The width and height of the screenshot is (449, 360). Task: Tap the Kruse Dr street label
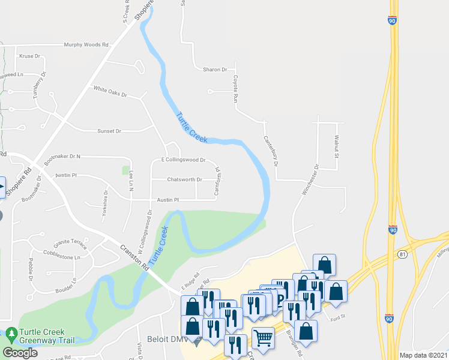(x=29, y=56)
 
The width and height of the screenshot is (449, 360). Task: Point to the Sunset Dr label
(x=109, y=131)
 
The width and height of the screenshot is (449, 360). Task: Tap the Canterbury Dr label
(x=271, y=150)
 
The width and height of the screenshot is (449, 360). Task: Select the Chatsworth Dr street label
(x=184, y=179)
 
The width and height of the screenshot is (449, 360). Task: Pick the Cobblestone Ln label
(x=61, y=257)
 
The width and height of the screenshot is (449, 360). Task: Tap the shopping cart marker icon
(x=264, y=337)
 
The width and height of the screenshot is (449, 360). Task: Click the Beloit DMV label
(x=165, y=340)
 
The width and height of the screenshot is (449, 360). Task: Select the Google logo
(x=20, y=353)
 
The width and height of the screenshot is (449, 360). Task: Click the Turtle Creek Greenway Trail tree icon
(x=11, y=332)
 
